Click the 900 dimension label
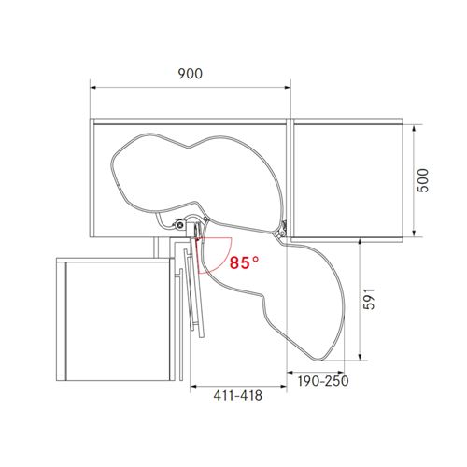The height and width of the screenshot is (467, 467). (x=190, y=74)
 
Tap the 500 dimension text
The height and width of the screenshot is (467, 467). (x=423, y=180)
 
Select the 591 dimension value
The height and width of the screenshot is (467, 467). (x=369, y=299)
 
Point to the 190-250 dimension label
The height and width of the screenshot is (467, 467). (x=323, y=381)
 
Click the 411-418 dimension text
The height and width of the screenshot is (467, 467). (x=238, y=395)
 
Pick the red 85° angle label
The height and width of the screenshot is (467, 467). (x=244, y=262)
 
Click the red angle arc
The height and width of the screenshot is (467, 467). (x=225, y=258)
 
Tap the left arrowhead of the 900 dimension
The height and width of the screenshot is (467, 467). (x=92, y=88)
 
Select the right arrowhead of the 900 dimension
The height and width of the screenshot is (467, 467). (x=288, y=88)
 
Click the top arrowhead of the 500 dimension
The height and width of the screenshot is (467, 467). (x=414, y=128)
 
